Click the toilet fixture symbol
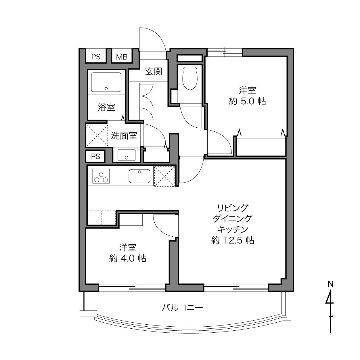click(x=190, y=78)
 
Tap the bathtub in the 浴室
click(x=106, y=82)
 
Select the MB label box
click(x=122, y=57)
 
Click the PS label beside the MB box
click(x=96, y=57)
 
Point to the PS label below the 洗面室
click(x=95, y=156)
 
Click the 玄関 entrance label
click(x=154, y=72)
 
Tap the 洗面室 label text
click(x=124, y=136)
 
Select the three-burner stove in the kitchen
click(x=101, y=176)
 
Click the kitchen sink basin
click(x=139, y=176)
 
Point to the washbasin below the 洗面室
click(x=127, y=155)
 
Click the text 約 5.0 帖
click(x=247, y=102)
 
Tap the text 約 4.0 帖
click(x=128, y=258)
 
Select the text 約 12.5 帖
click(x=233, y=240)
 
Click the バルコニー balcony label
click(x=182, y=307)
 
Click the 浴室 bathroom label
click(x=106, y=107)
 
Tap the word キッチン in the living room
click(x=233, y=229)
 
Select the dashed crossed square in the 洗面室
click(x=97, y=135)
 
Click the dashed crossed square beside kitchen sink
click(x=164, y=176)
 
